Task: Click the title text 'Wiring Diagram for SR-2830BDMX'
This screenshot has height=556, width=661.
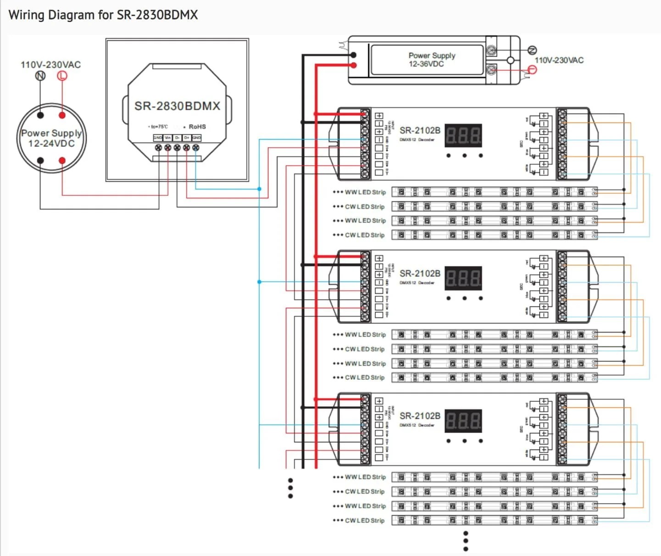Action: (103, 15)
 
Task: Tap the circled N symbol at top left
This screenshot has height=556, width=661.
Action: (40, 76)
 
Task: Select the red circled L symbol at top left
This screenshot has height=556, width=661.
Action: (62, 76)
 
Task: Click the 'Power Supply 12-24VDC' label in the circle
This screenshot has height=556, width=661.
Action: (51, 138)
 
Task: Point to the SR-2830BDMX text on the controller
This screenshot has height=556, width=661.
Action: (177, 106)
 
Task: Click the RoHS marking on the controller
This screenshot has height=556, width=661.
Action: (197, 127)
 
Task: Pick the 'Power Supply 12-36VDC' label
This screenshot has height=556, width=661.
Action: (431, 60)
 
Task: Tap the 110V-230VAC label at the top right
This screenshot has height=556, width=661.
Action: (559, 60)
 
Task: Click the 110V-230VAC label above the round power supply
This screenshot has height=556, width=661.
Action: (50, 65)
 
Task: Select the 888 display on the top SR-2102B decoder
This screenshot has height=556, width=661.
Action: (463, 135)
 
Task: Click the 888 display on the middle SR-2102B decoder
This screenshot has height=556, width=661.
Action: (463, 278)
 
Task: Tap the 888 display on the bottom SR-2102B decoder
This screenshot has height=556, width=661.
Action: (463, 421)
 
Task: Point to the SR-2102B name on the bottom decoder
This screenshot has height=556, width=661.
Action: (420, 416)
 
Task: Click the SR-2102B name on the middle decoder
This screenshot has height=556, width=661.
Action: (420, 273)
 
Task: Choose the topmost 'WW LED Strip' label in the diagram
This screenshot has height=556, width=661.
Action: (365, 192)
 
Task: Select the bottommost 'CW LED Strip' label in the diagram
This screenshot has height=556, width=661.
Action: (365, 521)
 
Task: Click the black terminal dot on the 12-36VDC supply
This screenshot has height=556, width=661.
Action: (353, 55)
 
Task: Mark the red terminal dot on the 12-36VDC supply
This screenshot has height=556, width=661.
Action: (353, 65)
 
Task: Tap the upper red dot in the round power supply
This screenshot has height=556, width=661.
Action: (62, 115)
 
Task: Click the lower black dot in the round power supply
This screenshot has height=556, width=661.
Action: (40, 161)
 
